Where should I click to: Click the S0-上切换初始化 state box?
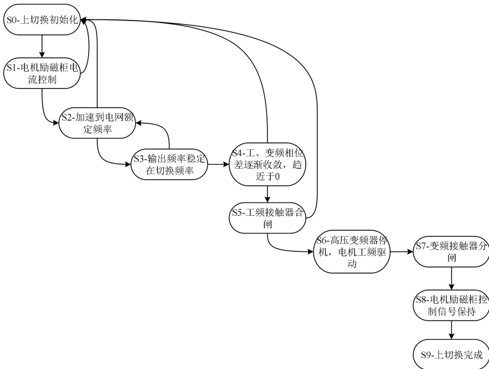42,20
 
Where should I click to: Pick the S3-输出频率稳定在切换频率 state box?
170,165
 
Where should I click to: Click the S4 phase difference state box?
268,165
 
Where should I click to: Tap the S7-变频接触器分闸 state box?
451,251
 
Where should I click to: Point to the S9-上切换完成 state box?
451,354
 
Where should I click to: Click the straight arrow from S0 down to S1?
42,46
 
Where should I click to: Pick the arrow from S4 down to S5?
268,193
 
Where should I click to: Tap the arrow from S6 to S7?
401,251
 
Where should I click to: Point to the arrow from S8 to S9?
451,331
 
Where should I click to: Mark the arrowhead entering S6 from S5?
311,251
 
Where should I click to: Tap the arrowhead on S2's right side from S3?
138,123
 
